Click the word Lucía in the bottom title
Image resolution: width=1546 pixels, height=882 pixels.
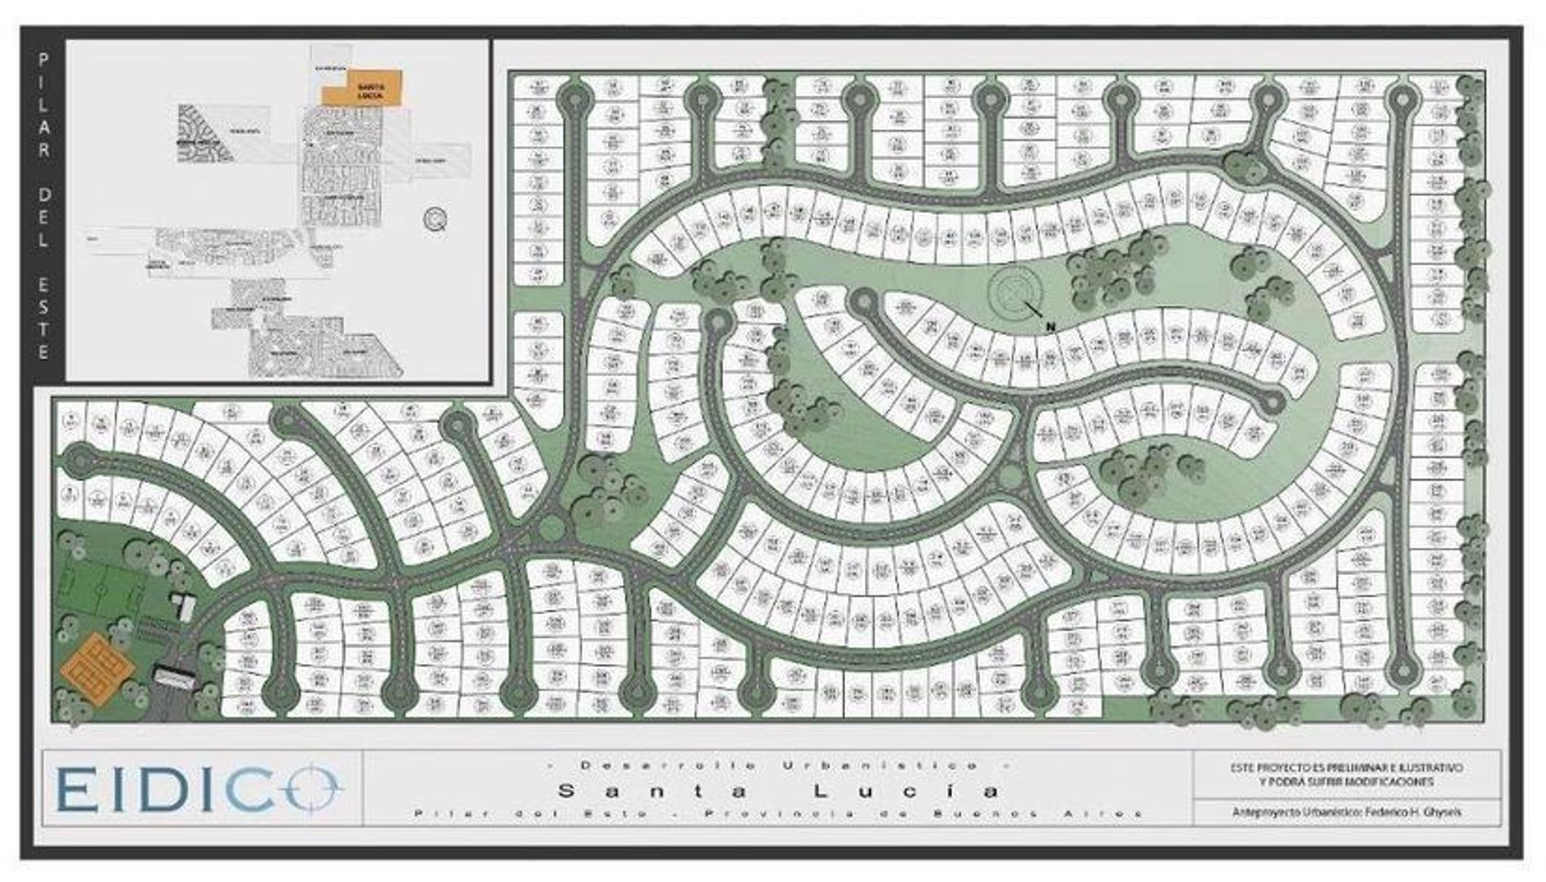click(907, 791)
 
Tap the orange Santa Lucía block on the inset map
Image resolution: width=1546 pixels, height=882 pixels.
click(362, 87)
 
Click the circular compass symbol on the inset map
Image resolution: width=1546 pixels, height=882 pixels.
click(435, 219)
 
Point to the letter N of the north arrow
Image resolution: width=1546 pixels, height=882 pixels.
click(1051, 327)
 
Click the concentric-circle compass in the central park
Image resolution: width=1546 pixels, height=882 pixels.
click(1014, 292)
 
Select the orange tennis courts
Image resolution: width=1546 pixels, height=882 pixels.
click(96, 668)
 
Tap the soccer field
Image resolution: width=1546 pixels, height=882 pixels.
click(99, 588)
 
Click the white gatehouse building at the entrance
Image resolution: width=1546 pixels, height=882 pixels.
click(175, 676)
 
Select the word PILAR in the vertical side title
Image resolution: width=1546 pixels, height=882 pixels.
click(43, 106)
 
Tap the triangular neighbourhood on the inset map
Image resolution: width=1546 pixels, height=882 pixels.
click(200, 133)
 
